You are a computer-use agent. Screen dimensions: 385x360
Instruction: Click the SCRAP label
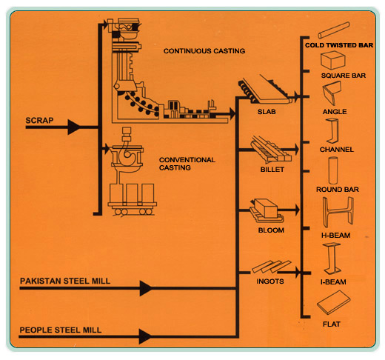coord(39,120)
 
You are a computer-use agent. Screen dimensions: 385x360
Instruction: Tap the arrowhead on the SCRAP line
coord(74,127)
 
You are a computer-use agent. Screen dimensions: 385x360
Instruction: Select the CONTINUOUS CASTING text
coord(204,51)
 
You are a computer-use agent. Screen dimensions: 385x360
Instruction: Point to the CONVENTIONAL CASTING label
coord(187,164)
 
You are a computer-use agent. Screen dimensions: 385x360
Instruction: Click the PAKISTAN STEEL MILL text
coord(65,281)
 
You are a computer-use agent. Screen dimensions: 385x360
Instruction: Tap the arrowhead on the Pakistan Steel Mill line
coord(146,288)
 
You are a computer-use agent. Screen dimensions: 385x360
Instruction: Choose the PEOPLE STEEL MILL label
coord(60,330)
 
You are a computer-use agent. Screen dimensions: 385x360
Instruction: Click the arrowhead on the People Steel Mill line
coord(145,336)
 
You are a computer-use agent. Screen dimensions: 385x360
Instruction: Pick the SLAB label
coord(267,112)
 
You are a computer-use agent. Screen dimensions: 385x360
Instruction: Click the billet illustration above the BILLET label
coord(270,150)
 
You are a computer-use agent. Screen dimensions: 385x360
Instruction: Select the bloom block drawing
coord(267,210)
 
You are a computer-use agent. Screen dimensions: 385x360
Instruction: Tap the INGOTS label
coord(270,281)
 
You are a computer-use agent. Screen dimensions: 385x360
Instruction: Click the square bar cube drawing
coord(332,60)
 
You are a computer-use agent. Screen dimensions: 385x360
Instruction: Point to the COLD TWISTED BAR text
coord(339,45)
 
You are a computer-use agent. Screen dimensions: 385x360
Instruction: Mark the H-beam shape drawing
coord(338,212)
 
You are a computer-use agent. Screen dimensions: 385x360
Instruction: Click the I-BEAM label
coord(333,282)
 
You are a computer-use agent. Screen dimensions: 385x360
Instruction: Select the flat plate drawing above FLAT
coord(333,302)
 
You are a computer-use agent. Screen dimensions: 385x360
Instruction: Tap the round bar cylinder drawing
coord(333,170)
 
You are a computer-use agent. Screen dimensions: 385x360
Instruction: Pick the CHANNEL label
coord(337,150)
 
